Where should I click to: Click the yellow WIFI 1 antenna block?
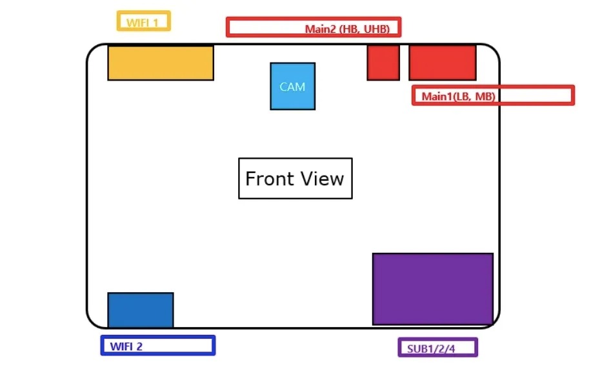tap(160, 63)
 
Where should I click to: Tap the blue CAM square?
tap(292, 86)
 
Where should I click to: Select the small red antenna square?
tap(383, 62)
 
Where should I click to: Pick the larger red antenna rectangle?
tap(443, 62)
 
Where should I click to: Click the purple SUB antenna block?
tap(432, 288)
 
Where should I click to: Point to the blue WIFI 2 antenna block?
tap(140, 310)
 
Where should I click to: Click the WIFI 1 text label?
tap(143, 23)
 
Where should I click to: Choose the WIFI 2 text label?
tap(126, 346)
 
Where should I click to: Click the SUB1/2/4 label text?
tap(431, 349)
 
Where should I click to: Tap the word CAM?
tap(292, 86)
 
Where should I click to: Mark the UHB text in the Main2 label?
tap(377, 29)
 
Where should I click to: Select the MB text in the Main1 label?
tap(485, 97)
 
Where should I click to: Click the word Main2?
tap(320, 29)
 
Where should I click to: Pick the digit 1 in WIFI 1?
tap(155, 23)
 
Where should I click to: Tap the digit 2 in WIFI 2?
tap(139, 346)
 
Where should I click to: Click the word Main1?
tap(437, 97)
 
